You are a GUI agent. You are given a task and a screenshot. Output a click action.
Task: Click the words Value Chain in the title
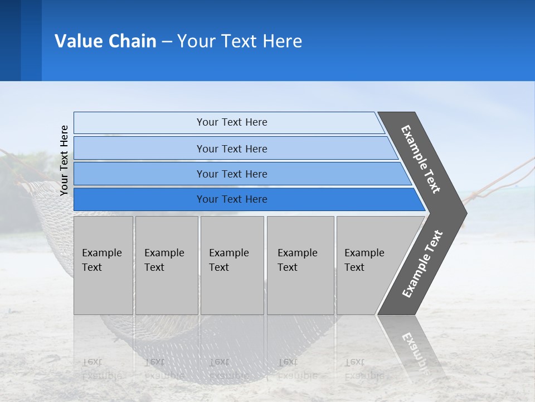105,41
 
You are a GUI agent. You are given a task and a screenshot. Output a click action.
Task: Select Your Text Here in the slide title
240,41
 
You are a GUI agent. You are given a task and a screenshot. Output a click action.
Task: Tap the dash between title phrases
167,42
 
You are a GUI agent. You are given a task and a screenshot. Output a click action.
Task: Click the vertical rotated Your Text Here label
64,160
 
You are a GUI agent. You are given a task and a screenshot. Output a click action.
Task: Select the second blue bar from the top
232,149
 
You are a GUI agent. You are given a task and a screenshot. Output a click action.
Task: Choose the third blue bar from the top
232,174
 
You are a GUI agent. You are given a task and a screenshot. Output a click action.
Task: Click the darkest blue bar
232,199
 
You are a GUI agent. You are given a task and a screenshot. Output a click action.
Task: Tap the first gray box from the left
103,265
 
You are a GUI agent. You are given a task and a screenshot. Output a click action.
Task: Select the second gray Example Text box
166,265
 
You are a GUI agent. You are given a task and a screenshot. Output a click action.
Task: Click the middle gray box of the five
232,265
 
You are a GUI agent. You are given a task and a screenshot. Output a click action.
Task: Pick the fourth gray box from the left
300,265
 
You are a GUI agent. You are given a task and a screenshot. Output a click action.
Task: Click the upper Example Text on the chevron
421,159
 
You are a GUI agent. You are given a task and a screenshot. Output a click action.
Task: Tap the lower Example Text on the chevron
422,264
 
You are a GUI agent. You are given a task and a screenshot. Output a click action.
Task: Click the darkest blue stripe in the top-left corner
10,40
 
